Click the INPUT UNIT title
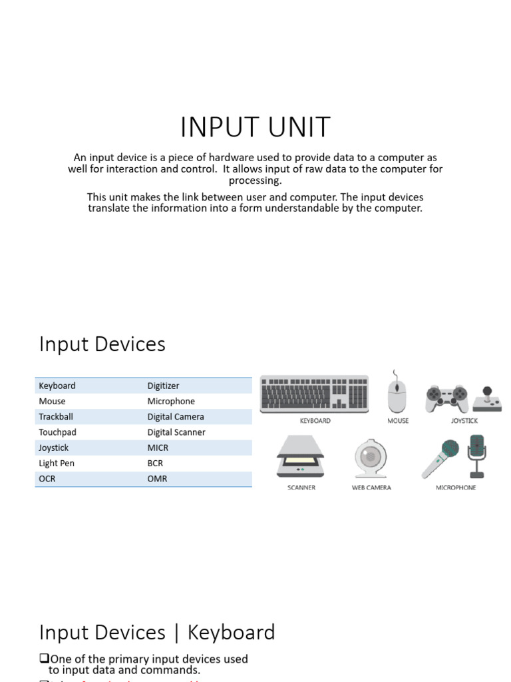pyautogui.click(x=255, y=127)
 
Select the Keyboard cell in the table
pyautogui.click(x=57, y=386)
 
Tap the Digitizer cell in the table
pyautogui.click(x=163, y=386)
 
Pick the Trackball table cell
pyautogui.click(x=57, y=417)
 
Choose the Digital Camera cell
pyautogui.click(x=176, y=417)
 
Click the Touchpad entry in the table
pyautogui.click(x=57, y=432)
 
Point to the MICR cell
pyautogui.click(x=158, y=448)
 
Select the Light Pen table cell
pyautogui.click(x=57, y=464)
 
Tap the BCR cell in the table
pyautogui.click(x=155, y=464)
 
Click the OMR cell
pyautogui.click(x=157, y=479)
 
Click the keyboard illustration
pyautogui.click(x=314, y=394)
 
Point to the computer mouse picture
pyautogui.click(x=397, y=394)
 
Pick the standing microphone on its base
pyautogui.click(x=477, y=456)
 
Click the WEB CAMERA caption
pyautogui.click(x=371, y=488)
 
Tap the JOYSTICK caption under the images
pyautogui.click(x=464, y=421)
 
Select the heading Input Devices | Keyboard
pyautogui.click(x=157, y=632)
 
